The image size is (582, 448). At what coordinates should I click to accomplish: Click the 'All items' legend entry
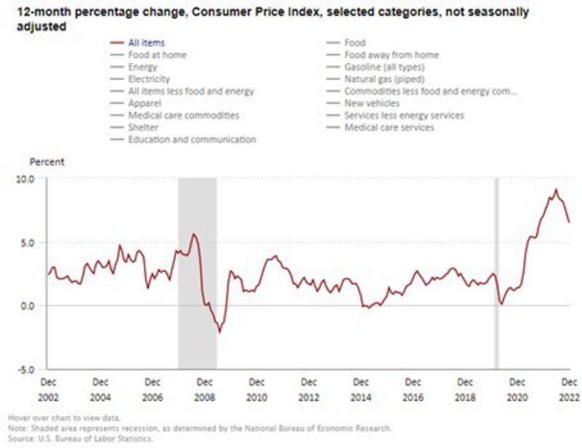(x=146, y=43)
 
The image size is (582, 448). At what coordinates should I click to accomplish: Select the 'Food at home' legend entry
(x=157, y=55)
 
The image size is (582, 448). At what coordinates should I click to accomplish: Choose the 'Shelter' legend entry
(x=144, y=127)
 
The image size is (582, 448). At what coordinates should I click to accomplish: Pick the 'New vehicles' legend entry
(x=372, y=103)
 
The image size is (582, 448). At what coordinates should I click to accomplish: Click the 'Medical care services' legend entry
(x=389, y=127)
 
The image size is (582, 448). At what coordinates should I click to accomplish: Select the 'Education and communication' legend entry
(x=191, y=139)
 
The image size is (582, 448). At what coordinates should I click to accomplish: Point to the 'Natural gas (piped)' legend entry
(x=384, y=79)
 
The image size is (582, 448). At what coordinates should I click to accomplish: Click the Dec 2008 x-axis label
(x=204, y=388)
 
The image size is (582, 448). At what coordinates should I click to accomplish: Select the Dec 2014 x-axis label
(x=361, y=388)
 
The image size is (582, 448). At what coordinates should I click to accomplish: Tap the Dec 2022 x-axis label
(x=569, y=388)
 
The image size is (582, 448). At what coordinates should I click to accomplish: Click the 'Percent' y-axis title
(x=47, y=161)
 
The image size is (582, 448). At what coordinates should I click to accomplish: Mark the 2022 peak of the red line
(x=556, y=190)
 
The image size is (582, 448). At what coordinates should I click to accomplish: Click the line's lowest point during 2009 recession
(x=219, y=332)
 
